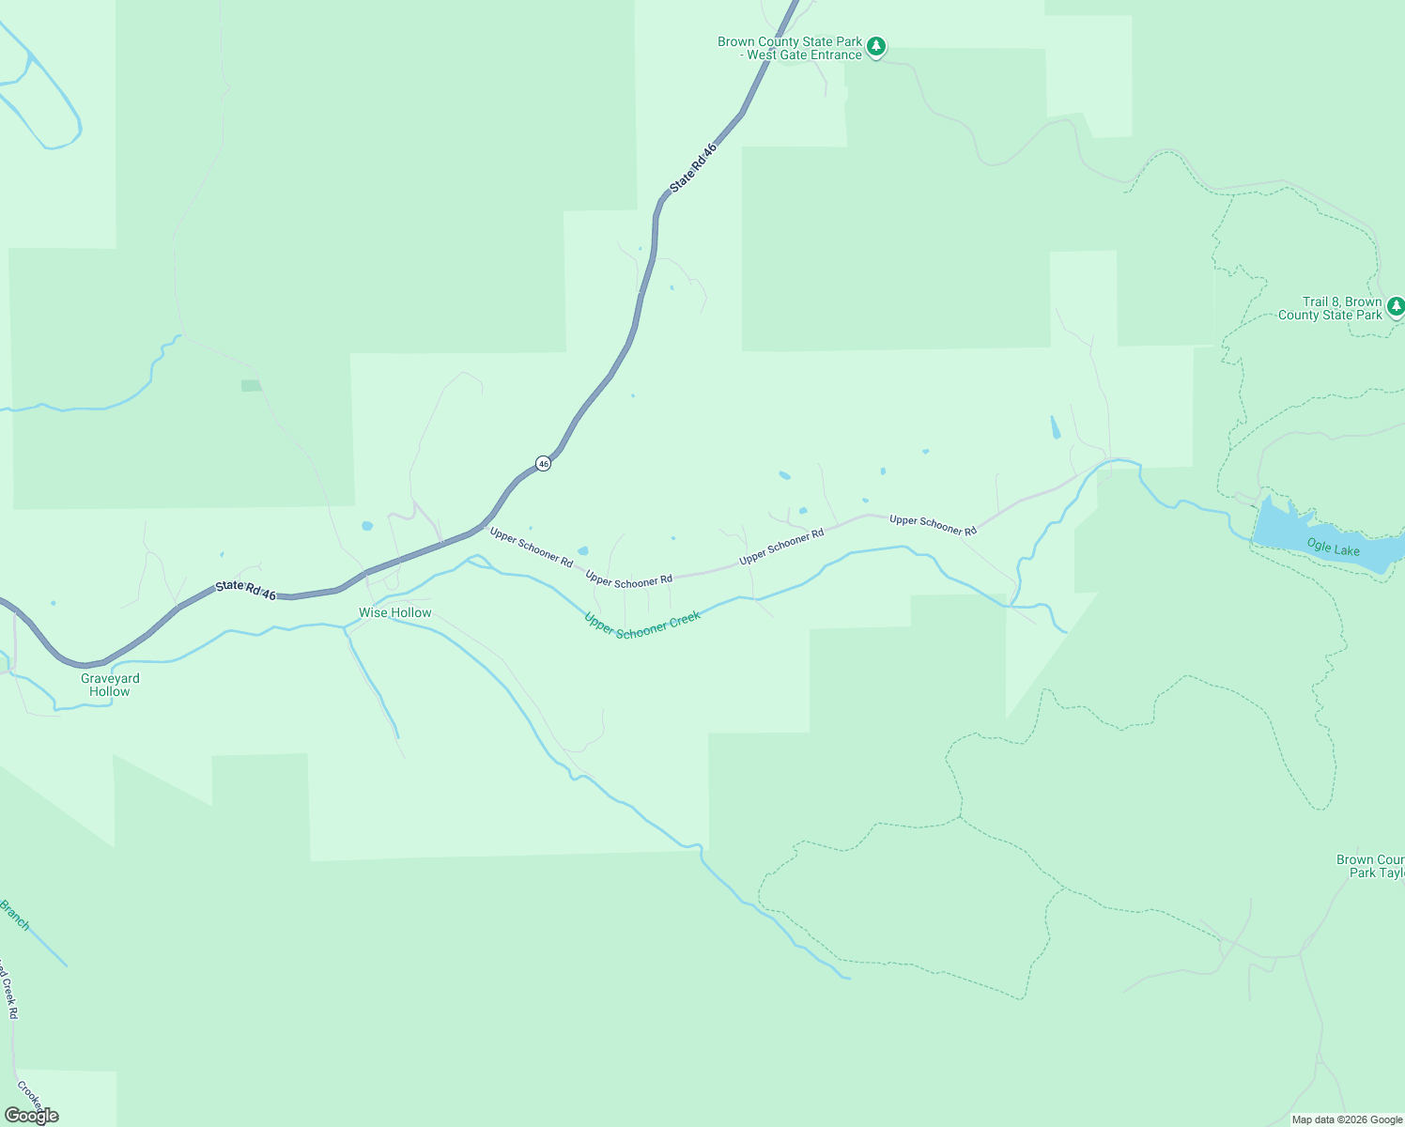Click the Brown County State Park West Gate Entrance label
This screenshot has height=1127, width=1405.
pyautogui.click(x=789, y=48)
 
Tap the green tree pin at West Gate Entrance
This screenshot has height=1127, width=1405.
pyautogui.click(x=875, y=46)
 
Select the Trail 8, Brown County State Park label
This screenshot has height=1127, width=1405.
pyautogui.click(x=1330, y=308)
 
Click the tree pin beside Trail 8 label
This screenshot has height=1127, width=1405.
pyautogui.click(x=1396, y=306)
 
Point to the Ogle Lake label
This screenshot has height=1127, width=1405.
pyautogui.click(x=1333, y=547)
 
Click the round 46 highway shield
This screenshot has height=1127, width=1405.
pyautogui.click(x=543, y=463)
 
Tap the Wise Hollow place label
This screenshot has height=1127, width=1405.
pyautogui.click(x=395, y=612)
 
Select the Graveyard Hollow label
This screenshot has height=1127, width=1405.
pyautogui.click(x=110, y=685)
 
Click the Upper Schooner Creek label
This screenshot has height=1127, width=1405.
pyautogui.click(x=642, y=625)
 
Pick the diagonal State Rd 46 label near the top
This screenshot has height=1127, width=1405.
pyautogui.click(x=694, y=167)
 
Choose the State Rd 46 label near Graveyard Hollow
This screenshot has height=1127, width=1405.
pyautogui.click(x=246, y=590)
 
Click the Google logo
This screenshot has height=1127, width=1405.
pyautogui.click(x=32, y=1116)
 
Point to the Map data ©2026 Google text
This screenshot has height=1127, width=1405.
pyautogui.click(x=1347, y=1119)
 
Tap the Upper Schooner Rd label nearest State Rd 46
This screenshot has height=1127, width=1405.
pyautogui.click(x=531, y=547)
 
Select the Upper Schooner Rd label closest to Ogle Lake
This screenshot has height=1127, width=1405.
pyautogui.click(x=933, y=525)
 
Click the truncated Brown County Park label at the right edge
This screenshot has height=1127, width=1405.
pyautogui.click(x=1370, y=866)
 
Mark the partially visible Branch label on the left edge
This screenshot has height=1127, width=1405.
pyautogui.click(x=15, y=915)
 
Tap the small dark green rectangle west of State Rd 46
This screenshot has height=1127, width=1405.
pyautogui.click(x=251, y=386)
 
